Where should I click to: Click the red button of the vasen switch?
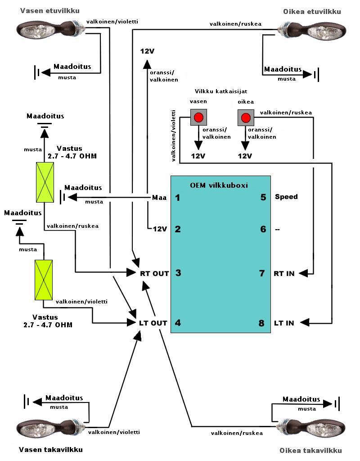[198, 118]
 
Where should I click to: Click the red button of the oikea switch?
[246, 118]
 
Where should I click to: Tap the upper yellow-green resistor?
[45, 182]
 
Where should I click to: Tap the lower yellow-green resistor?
[44, 280]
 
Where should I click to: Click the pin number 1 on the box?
[178, 197]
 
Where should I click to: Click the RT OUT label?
[154, 273]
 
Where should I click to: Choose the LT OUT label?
[153, 323]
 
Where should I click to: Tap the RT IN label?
[284, 273]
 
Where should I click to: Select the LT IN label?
[284, 323]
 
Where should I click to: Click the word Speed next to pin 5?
[286, 197]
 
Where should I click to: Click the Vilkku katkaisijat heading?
[221, 91]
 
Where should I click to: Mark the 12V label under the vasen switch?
[198, 156]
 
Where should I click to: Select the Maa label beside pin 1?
[159, 197]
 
